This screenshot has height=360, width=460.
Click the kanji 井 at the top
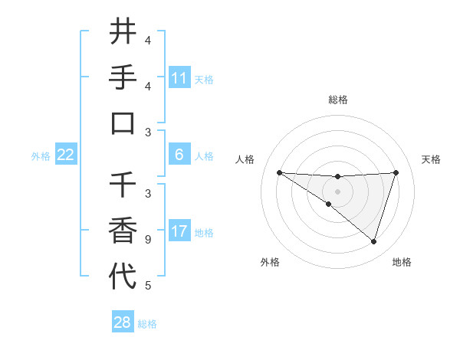tap(123, 33)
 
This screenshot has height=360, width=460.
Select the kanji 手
tap(123, 78)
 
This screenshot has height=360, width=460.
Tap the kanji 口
tap(123, 124)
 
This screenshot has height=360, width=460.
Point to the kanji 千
tap(123, 185)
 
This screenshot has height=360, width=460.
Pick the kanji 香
tap(123, 231)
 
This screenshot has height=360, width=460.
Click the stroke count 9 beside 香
tap(147, 240)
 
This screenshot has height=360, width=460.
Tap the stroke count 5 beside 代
tap(147, 286)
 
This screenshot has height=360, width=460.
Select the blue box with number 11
tap(179, 78)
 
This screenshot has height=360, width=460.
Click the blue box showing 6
tap(179, 155)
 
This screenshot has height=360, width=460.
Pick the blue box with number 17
tap(179, 231)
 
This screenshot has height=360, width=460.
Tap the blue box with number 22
tap(66, 155)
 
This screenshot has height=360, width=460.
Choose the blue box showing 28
tap(123, 322)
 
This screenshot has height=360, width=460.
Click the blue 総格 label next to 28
tap(147, 324)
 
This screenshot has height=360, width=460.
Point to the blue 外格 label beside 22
tap(41, 156)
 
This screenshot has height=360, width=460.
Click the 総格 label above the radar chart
tap(337, 100)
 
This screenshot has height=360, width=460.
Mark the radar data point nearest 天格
tap(396, 172)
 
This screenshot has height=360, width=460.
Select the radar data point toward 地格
tap(374, 242)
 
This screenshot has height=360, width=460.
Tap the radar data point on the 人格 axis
tap(279, 172)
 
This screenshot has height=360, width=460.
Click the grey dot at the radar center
tap(337, 191)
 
